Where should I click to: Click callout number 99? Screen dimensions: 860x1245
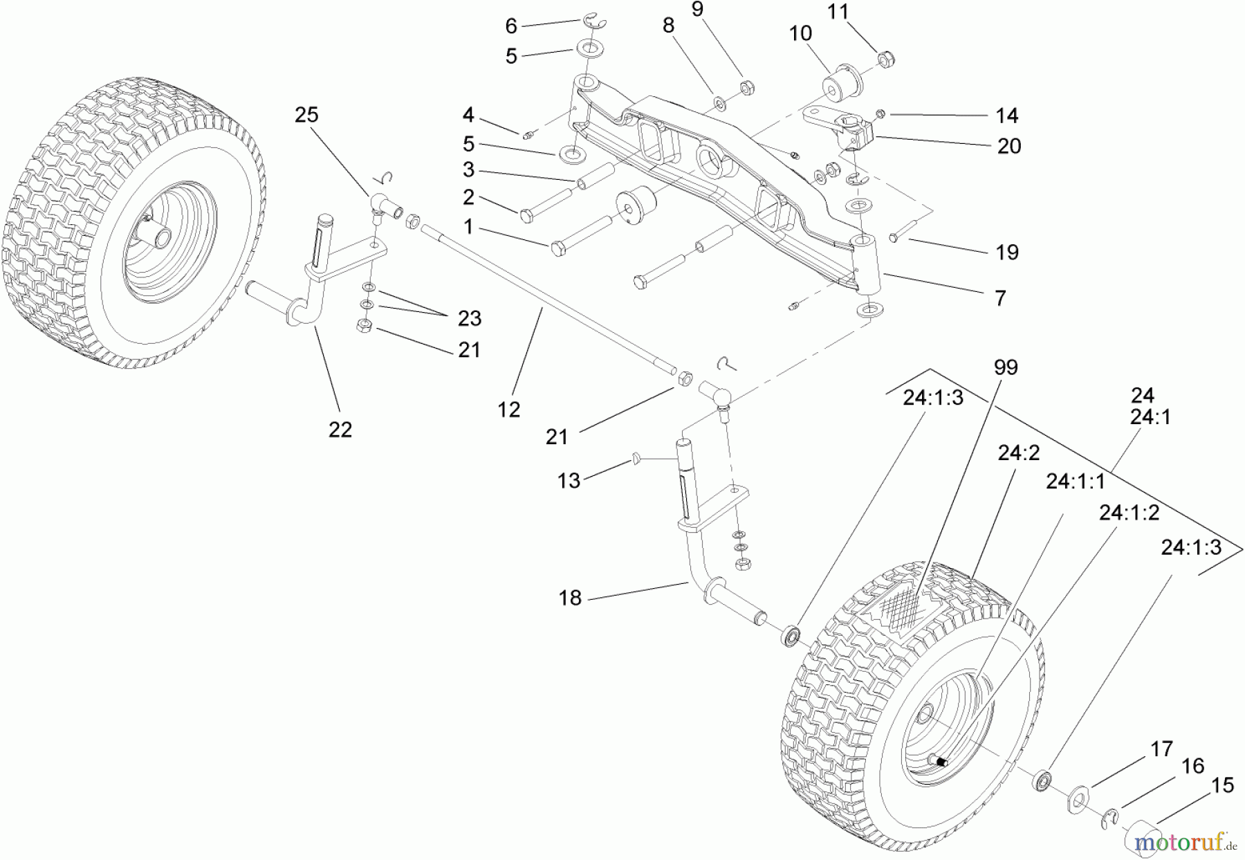1005,367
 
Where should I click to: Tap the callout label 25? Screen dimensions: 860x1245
306,115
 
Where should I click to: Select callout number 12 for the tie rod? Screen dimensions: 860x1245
508,410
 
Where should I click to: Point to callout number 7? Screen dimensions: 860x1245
1000,298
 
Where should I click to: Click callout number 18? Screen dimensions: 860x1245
570,598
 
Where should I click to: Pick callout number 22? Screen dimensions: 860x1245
340,430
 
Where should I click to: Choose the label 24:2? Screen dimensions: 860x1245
1019,453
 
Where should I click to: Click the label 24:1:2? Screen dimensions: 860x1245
1129,512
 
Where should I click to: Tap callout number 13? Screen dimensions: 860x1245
569,480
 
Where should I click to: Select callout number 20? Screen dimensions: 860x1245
1009,146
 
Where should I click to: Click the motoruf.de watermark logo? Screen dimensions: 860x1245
1183,842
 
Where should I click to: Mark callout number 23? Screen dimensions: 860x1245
469,318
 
